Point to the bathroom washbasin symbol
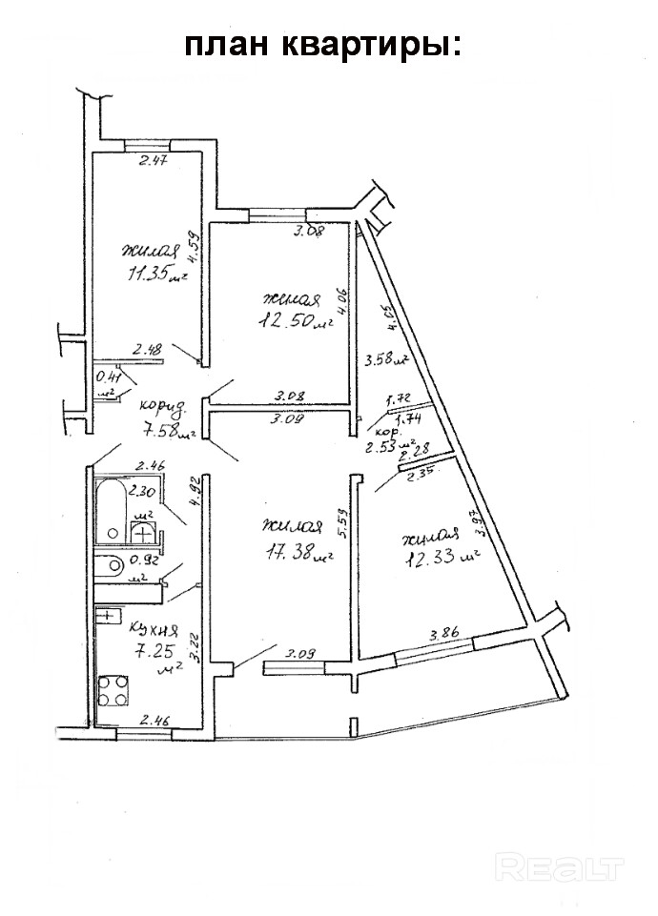tap(142, 530)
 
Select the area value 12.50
tap(286, 320)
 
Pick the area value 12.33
tap(435, 558)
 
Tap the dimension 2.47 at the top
tap(153, 161)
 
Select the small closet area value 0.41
tap(106, 377)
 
